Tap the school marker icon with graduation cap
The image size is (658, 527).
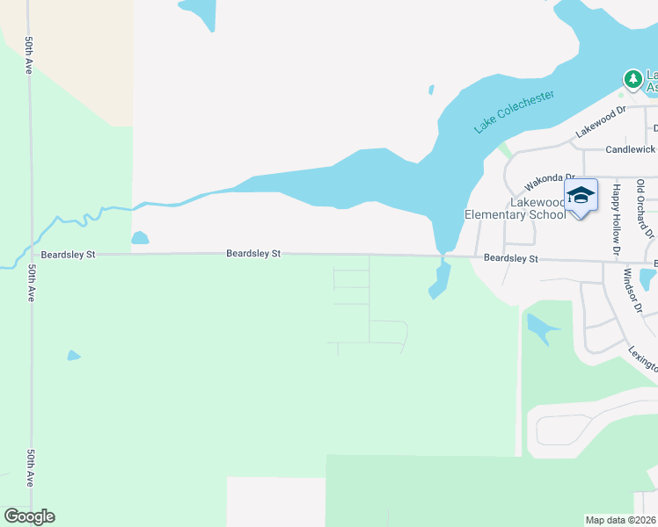(x=581, y=195)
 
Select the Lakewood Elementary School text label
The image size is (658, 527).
(x=515, y=208)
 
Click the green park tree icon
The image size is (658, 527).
(x=632, y=79)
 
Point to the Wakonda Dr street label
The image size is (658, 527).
(x=549, y=182)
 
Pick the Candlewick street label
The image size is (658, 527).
(x=630, y=150)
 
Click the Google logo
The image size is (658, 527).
(x=29, y=516)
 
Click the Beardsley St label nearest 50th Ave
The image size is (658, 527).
(x=66, y=254)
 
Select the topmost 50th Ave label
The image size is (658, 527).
(x=29, y=54)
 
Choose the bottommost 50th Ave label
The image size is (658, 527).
(x=29, y=468)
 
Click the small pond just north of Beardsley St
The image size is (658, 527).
(x=140, y=238)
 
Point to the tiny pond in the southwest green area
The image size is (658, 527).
(x=74, y=356)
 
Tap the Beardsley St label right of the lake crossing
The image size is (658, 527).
(x=511, y=259)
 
